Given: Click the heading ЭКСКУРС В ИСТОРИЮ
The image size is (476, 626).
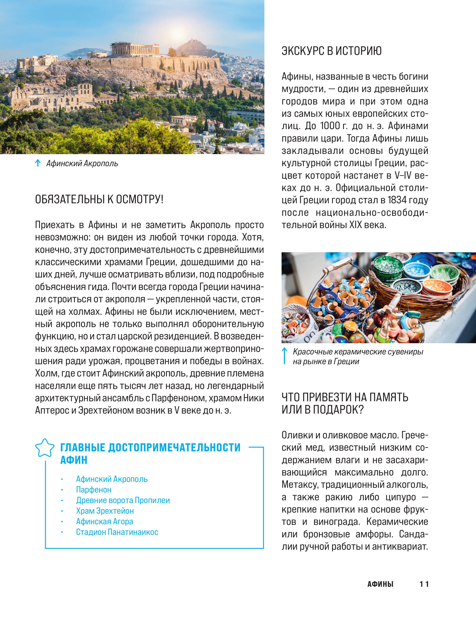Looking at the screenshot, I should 331,51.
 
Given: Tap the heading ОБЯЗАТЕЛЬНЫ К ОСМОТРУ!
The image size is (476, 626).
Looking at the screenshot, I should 99,199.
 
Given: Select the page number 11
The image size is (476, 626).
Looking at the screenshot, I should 424,584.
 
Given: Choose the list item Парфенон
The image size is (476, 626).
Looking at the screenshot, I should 94,489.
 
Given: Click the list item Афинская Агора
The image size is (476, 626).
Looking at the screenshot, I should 104,521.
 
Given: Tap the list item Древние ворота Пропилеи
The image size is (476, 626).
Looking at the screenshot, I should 123,500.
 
